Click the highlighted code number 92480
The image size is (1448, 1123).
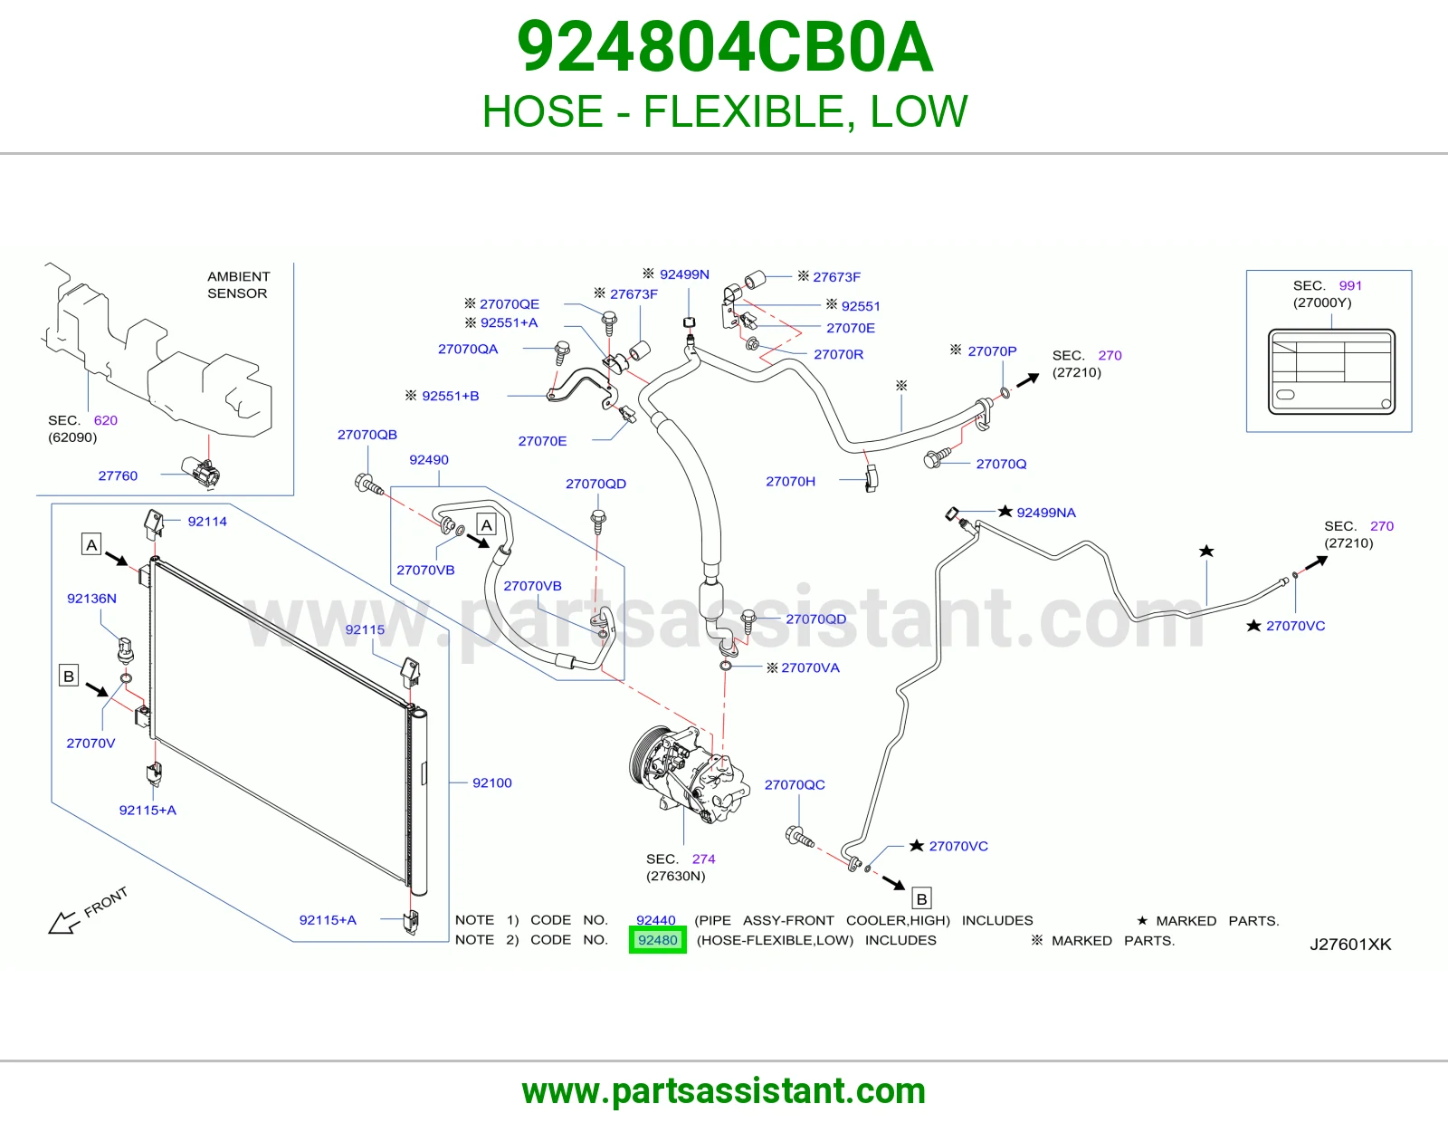tap(657, 940)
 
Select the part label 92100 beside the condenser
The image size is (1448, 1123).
tap(491, 782)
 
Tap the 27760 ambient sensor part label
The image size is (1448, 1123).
tap(118, 475)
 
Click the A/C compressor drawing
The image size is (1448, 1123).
tap(689, 775)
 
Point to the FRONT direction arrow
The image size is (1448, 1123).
tap(64, 922)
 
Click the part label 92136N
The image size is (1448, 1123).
tap(92, 598)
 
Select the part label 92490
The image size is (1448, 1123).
tap(428, 459)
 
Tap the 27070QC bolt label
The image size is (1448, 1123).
tap(795, 785)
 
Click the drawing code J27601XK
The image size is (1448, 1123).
tap(1350, 945)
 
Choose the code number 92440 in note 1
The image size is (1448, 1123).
tap(656, 919)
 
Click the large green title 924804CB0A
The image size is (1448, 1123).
tap(724, 47)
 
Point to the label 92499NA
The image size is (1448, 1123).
tap(1045, 513)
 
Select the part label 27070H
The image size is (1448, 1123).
tap(790, 482)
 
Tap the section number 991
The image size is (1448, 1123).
tap(1350, 285)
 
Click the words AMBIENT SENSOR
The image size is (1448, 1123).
tap(238, 284)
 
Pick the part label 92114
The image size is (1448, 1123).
tap(207, 522)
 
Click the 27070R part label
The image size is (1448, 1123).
tap(838, 354)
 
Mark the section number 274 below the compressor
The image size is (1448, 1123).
tap(703, 859)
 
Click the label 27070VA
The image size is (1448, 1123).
tap(810, 667)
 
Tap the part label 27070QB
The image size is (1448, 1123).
tap(367, 435)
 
